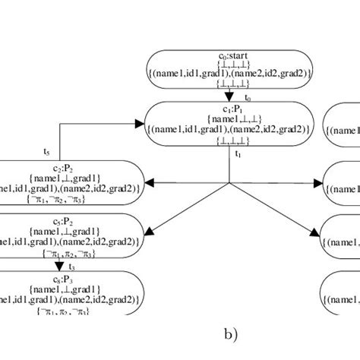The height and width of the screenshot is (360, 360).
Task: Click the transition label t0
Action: click(x=248, y=99)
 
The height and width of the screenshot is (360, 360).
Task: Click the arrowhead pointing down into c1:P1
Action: click(x=229, y=96)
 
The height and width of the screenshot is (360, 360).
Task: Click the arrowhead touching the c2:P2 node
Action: click(x=149, y=183)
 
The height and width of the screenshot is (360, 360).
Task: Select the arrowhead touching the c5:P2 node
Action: click(x=150, y=229)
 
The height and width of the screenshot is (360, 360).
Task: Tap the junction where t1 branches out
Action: click(x=229, y=183)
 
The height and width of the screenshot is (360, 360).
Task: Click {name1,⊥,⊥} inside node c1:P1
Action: click(x=229, y=119)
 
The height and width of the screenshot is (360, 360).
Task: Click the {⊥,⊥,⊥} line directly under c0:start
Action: click(x=229, y=65)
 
